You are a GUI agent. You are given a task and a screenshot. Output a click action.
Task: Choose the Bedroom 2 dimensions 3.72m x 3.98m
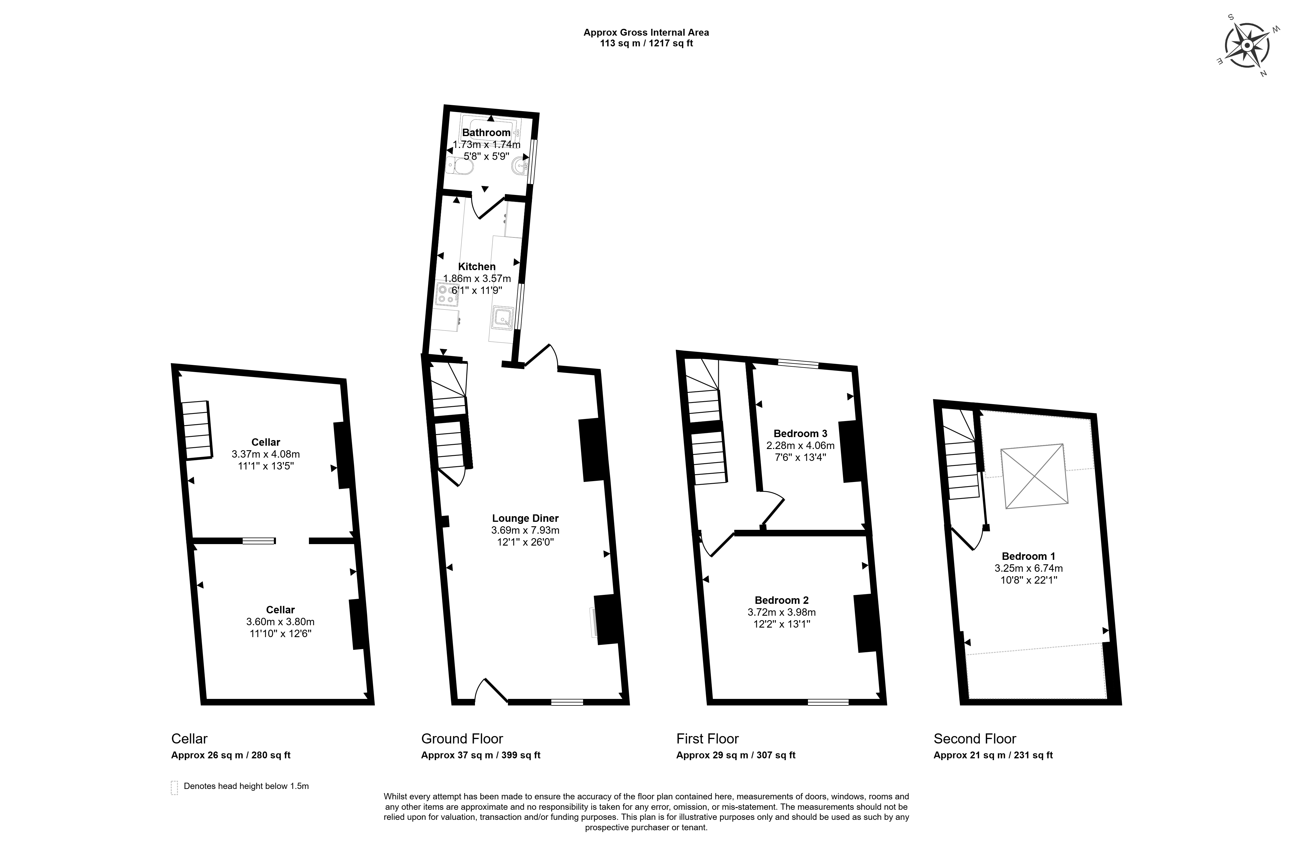coord(782,612)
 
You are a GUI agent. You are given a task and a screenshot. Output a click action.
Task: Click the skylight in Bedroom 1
coord(1035,476)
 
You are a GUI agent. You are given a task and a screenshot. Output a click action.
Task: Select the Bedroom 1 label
coord(1028,556)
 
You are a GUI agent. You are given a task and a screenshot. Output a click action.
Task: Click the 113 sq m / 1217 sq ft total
coord(646,43)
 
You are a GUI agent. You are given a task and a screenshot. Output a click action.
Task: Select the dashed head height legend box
coord(174,787)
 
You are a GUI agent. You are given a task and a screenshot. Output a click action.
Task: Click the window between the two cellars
coord(259,541)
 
